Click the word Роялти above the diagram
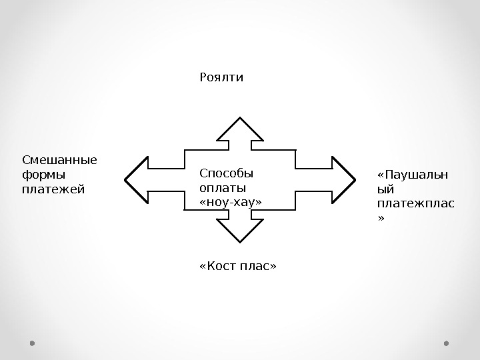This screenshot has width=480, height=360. tap(221, 78)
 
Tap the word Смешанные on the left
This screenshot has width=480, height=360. tap(59, 160)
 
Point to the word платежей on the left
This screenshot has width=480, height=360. tap(53, 189)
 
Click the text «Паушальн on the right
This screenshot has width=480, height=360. tap(413, 175)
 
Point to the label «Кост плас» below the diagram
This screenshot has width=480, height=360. tap(237, 267)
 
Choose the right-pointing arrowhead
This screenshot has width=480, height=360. tap(341, 179)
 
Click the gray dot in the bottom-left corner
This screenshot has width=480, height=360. tap(32, 344)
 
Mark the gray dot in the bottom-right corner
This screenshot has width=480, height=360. tap(447, 344)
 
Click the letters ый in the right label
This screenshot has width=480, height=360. tap(386, 190)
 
